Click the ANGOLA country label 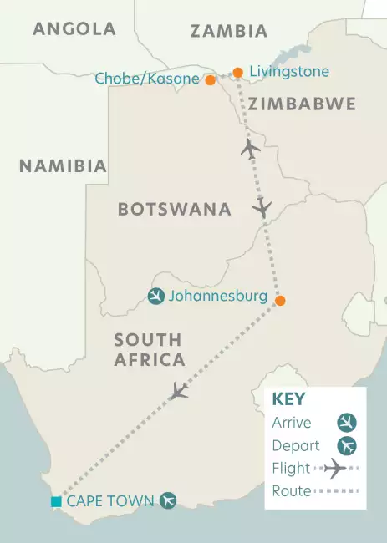click(x=74, y=29)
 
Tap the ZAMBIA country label click(x=228, y=32)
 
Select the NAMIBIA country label click(x=64, y=166)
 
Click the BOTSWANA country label click(x=174, y=209)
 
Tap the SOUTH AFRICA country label click(x=149, y=350)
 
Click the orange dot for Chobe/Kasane click(x=211, y=80)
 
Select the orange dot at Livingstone click(x=238, y=73)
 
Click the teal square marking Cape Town click(x=56, y=501)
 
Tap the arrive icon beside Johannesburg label click(x=155, y=297)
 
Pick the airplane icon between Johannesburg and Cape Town click(x=177, y=391)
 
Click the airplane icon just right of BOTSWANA click(x=263, y=207)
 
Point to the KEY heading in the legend click(x=289, y=399)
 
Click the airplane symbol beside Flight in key click(x=334, y=469)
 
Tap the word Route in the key click(x=292, y=491)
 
